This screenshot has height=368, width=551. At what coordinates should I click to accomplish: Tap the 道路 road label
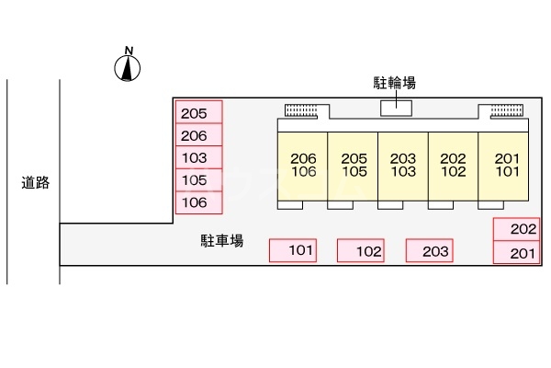pyautogui.click(x=35, y=182)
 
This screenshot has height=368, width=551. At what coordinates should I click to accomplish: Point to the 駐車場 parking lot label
pyautogui.click(x=222, y=242)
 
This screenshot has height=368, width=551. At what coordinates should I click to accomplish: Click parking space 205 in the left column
pyautogui.click(x=198, y=113)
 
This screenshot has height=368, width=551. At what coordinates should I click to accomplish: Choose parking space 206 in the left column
pyautogui.click(x=198, y=135)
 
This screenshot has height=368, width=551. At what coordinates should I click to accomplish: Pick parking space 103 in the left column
pyautogui.click(x=198, y=157)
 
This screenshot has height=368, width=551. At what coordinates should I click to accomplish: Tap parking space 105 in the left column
pyautogui.click(x=198, y=179)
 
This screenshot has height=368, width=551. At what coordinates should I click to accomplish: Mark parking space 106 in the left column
pyautogui.click(x=198, y=201)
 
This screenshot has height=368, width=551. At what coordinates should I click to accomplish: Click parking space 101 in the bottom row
pyautogui.click(x=293, y=250)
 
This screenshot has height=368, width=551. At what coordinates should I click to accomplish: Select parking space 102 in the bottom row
pyautogui.click(x=361, y=250)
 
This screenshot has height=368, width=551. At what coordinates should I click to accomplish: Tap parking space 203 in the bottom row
pyautogui.click(x=430, y=250)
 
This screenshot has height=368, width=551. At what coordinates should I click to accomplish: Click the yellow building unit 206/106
pyautogui.click(x=303, y=165)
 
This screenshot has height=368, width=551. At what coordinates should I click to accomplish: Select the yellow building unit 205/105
pyautogui.click(x=354, y=165)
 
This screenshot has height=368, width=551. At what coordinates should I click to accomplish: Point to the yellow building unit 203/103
pyautogui.click(x=403, y=165)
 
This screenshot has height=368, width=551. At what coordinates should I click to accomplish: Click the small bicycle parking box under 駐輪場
pyautogui.click(x=397, y=108)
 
